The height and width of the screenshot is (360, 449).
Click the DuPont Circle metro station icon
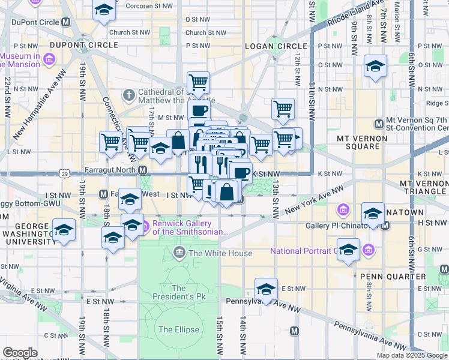[65, 21]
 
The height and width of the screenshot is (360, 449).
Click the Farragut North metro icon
[143, 171]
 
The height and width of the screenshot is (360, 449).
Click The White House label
[220, 253]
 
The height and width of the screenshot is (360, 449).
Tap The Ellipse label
[173, 329]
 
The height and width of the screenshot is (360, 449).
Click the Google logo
[20, 353]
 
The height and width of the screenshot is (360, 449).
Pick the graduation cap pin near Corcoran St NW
[104, 10]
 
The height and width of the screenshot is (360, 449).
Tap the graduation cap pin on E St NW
[266, 289]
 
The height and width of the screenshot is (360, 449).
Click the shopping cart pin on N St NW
[198, 81]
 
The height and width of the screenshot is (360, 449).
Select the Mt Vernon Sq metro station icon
[379, 124]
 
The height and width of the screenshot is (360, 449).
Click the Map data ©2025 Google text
[412, 355]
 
